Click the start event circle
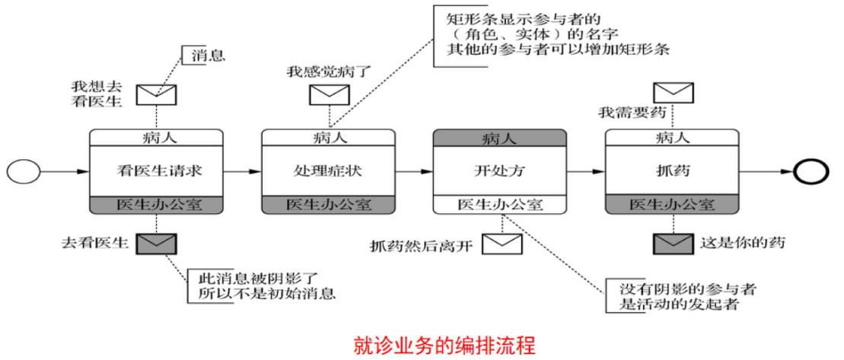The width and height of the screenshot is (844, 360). (24, 171)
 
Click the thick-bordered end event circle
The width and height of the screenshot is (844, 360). (811, 171)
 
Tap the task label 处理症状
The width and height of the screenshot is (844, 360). (329, 171)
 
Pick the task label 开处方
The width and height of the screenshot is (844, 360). (499, 171)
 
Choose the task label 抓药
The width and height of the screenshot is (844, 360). (672, 171)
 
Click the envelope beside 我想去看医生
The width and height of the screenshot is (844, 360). (157, 94)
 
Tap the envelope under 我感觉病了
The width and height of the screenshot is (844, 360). (329, 94)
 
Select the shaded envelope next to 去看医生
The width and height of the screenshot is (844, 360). (157, 244)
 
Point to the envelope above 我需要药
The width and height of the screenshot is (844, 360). (674, 93)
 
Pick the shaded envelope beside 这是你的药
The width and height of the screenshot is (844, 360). (674, 244)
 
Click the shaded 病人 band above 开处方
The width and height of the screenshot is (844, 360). (499, 138)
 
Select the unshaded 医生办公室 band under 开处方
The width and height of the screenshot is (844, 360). (499, 204)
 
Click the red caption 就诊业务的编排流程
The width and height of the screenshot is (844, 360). (444, 345)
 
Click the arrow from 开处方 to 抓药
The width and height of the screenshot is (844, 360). (585, 172)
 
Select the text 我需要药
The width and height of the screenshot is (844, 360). (632, 113)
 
